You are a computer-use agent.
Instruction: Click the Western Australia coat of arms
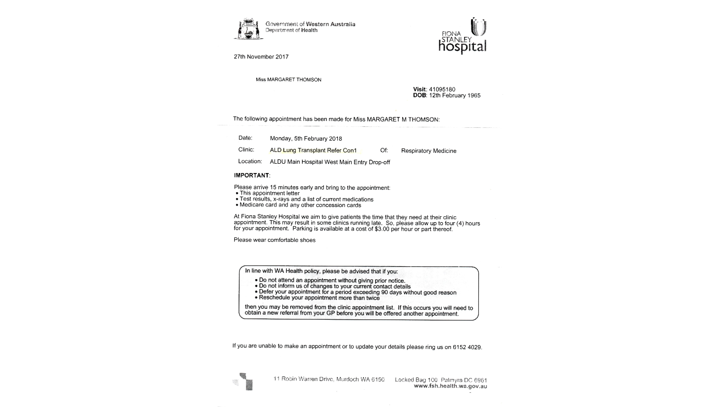(x=248, y=29)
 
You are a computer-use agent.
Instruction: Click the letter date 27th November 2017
(x=261, y=57)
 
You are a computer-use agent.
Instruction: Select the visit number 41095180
(x=442, y=89)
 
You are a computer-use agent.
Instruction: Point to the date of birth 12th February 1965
(x=455, y=95)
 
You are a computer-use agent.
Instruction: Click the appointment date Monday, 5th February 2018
(x=306, y=139)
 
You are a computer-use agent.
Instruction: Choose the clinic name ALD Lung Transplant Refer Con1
(x=313, y=150)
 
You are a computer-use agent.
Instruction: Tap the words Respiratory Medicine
(x=429, y=151)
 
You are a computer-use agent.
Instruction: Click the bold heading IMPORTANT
(x=251, y=175)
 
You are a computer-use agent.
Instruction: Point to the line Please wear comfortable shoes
(x=275, y=240)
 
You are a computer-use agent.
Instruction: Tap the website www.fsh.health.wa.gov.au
(x=450, y=386)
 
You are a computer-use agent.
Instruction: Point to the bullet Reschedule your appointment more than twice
(x=319, y=298)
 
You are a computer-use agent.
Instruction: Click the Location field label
(x=250, y=161)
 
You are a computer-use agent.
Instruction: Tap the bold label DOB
(x=419, y=95)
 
